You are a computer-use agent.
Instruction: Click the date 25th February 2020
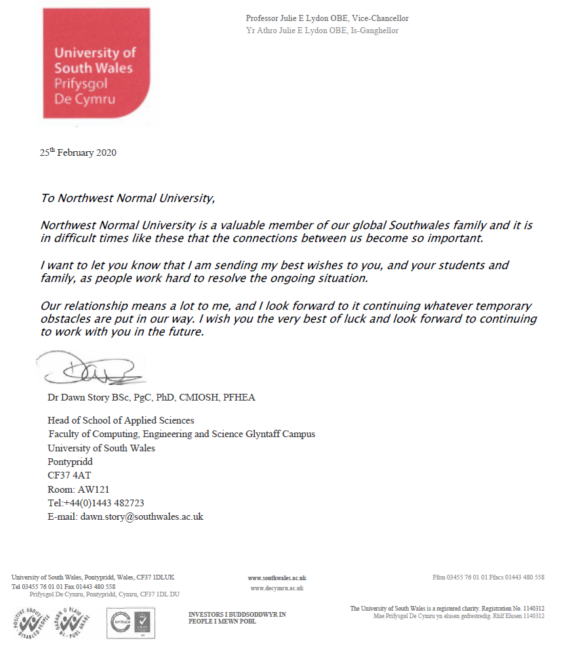point(78,152)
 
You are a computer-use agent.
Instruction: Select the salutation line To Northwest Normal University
point(127,199)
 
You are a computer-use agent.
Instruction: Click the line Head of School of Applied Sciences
point(121,420)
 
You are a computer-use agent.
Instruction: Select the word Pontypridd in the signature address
point(70,462)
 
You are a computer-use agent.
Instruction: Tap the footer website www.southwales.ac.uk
point(277,578)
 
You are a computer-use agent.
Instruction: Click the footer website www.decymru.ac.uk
point(277,588)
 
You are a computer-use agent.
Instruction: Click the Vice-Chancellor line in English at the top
point(327,18)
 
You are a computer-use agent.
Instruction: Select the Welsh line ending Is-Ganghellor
point(322,30)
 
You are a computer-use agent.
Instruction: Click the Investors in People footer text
point(237,617)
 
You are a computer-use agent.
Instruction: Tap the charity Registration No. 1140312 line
point(447,609)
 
